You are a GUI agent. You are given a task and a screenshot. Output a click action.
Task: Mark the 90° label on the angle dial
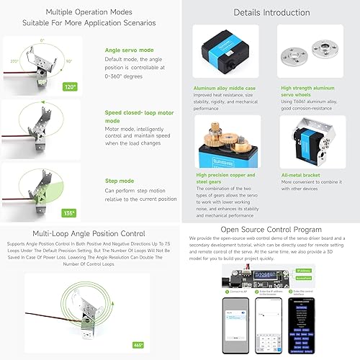[x=70, y=62]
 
